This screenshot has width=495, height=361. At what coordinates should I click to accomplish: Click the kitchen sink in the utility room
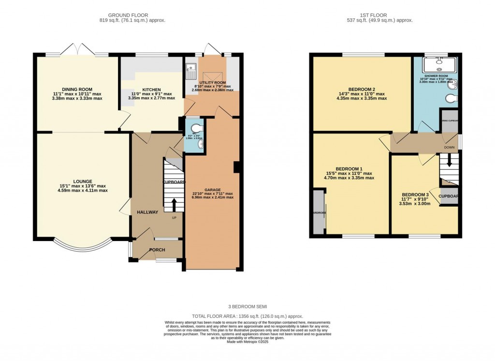[190, 71]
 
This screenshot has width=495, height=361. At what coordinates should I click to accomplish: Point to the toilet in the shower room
[451, 100]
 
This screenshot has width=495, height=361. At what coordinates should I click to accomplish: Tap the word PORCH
[157, 250]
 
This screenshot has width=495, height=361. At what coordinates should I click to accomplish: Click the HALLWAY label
[147, 212]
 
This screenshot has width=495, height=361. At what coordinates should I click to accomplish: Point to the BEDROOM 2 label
[362, 89]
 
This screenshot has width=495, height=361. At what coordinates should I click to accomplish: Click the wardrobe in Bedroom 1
[318, 212]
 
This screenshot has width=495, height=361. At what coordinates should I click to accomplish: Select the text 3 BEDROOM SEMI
[247, 307]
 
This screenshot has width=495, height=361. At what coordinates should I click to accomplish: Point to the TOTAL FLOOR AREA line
[247, 316]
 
